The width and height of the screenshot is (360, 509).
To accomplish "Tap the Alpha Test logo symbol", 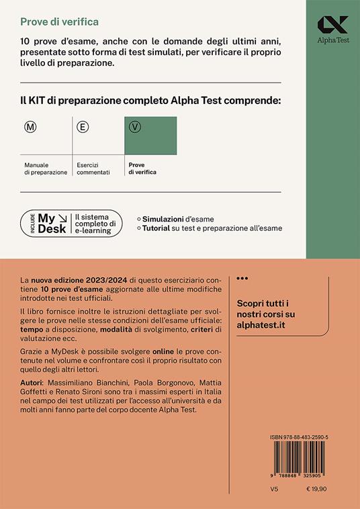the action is click(333, 25).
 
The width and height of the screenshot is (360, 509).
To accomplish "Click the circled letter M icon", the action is click(30, 126).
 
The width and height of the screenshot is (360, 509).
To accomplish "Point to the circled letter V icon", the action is click(134, 126).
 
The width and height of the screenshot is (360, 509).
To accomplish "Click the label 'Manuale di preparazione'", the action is click(46, 168).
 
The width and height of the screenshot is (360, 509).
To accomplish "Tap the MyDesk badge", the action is click(72, 223).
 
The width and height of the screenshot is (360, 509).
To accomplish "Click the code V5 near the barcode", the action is click(253, 491).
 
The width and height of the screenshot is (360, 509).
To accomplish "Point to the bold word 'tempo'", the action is click(32, 330).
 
